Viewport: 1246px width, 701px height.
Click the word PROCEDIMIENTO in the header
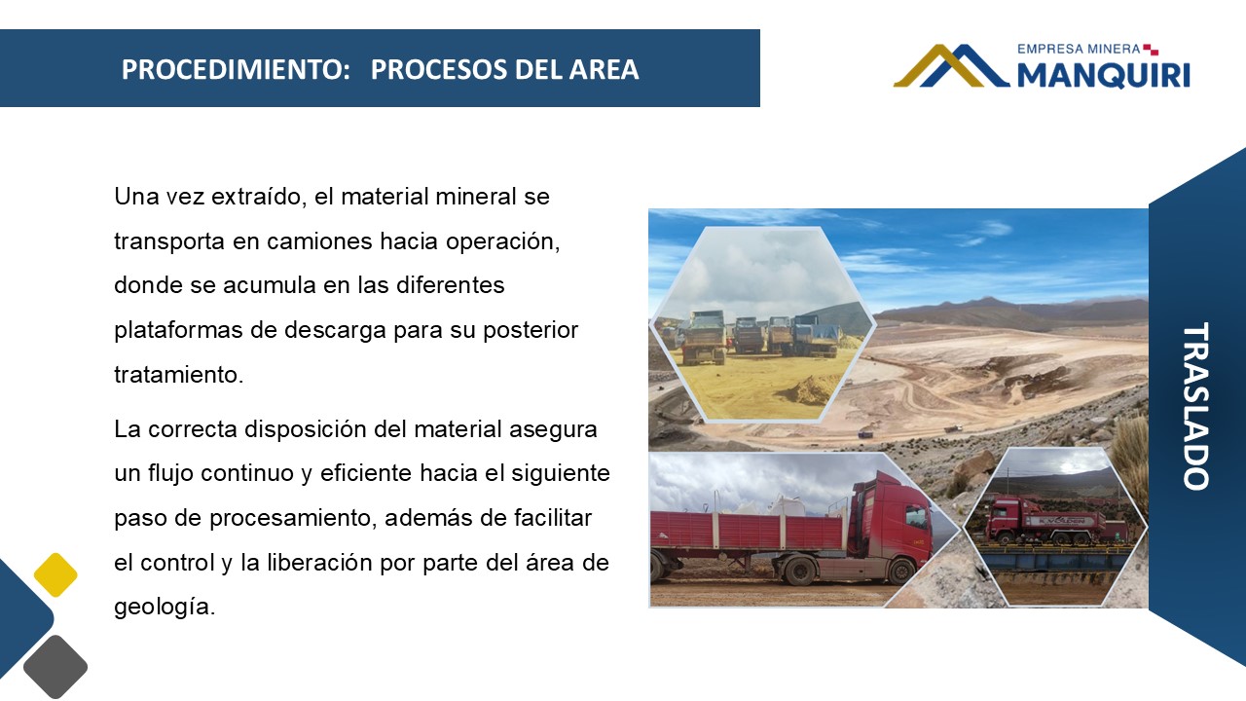point(236,69)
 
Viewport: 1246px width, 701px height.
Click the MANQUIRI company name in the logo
point(1104,75)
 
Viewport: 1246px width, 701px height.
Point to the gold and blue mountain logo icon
point(951,65)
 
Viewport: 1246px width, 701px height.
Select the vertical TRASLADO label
point(1196,406)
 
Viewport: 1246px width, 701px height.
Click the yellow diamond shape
point(55,574)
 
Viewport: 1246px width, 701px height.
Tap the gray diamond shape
point(55,667)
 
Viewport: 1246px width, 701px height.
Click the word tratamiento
point(178,375)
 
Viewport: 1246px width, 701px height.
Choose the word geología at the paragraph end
point(165,607)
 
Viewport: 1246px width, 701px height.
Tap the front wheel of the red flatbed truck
point(900,571)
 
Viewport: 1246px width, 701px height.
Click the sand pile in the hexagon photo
point(809,389)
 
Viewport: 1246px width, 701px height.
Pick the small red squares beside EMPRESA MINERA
point(1151,50)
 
